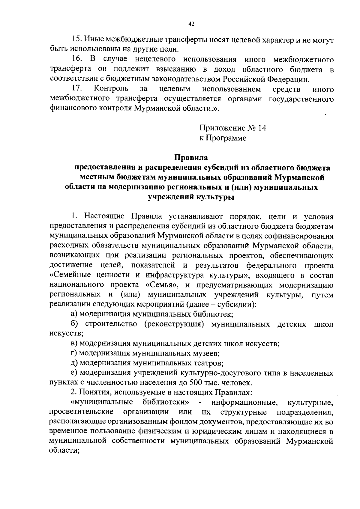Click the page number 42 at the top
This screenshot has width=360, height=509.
(192, 24)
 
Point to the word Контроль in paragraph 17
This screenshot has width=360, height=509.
(111, 89)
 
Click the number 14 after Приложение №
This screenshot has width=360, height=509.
(262, 128)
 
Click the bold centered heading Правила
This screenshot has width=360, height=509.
(191, 157)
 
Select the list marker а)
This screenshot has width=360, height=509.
(74, 314)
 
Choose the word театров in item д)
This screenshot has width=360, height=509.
(208, 363)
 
